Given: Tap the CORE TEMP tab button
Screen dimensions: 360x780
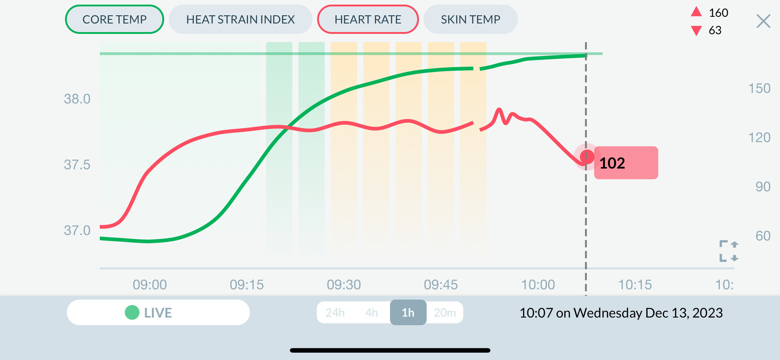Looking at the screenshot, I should [x=114, y=19].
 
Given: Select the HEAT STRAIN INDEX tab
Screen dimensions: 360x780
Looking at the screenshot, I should [x=240, y=19].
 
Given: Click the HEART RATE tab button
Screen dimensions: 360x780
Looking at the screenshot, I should [x=368, y=19].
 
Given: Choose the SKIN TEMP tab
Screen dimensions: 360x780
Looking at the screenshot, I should [x=470, y=19].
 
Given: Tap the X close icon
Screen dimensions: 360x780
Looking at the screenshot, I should [x=763, y=21].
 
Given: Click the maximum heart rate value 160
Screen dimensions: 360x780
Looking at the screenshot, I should [x=718, y=13].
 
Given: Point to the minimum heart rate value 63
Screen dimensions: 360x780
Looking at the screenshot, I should [x=715, y=30].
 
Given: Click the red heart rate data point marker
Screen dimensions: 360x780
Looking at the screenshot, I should [x=587, y=157].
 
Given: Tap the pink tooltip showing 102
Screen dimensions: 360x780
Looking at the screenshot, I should [x=626, y=163].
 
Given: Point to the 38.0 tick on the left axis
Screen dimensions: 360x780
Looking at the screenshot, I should [x=77, y=99].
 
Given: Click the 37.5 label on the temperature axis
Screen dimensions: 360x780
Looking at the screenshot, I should [x=77, y=165].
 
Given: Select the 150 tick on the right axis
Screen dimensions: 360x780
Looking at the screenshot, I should [x=759, y=88].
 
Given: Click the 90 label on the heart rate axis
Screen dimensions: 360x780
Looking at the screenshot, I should [x=762, y=186].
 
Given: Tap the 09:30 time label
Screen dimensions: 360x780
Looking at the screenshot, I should [x=344, y=285].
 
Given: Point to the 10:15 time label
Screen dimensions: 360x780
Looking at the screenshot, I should [x=635, y=285].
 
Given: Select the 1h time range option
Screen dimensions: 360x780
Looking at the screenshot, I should [x=408, y=312].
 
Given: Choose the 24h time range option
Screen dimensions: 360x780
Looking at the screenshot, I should [x=335, y=312].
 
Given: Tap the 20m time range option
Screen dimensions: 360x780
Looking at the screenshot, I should [x=445, y=312].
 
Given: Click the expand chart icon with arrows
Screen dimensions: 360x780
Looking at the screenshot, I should [x=729, y=251].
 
